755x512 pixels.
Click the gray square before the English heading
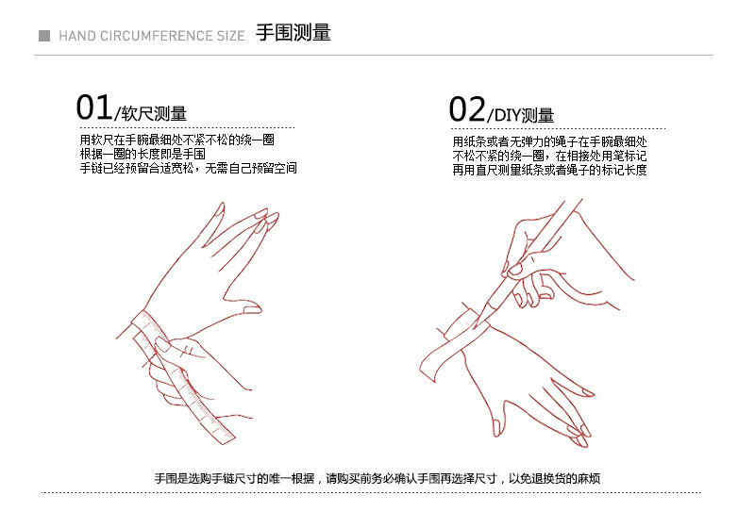tap(44, 36)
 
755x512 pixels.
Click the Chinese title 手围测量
tap(294, 33)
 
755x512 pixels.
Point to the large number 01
tap(93, 107)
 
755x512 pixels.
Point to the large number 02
tap(467, 109)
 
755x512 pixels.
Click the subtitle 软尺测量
tap(154, 113)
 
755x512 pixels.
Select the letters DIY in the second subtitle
tap(507, 115)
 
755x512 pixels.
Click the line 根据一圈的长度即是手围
tap(143, 154)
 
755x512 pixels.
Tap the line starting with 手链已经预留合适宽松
tap(188, 168)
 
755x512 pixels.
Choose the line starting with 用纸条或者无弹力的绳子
tap(549, 141)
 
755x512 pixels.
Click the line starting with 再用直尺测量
tap(549, 170)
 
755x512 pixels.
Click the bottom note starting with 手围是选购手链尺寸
tap(377, 478)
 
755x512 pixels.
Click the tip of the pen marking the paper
tap(475, 328)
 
